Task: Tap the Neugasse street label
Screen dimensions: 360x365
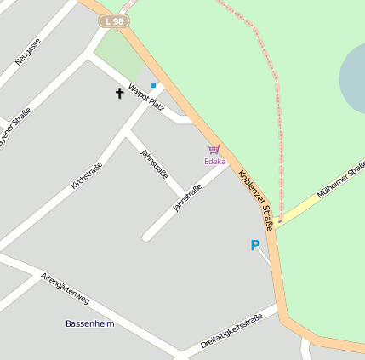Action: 28,52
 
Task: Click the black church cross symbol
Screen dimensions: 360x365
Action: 119,92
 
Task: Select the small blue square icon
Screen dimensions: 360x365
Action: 153,85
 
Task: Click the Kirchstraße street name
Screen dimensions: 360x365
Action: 87,175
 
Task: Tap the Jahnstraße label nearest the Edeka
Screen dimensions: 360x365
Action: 187,198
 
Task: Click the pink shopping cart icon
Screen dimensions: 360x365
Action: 214,149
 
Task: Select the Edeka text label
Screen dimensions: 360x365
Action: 214,161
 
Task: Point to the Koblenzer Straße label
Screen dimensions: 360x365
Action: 255,200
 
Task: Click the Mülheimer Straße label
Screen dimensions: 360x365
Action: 340,179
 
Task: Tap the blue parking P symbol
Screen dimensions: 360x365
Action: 254,245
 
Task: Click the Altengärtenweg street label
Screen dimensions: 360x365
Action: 65,289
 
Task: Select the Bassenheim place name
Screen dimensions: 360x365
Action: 88,323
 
